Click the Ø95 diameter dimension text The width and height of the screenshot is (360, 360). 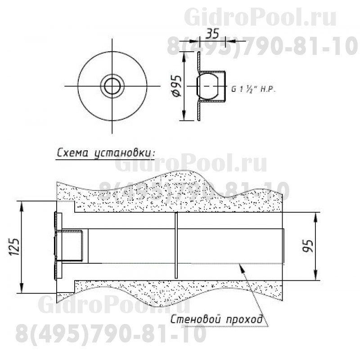176,85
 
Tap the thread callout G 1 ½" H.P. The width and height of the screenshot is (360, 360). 253,89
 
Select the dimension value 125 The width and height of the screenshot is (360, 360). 14,247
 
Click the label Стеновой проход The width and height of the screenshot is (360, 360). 216,320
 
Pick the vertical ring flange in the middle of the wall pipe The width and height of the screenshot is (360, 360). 176,246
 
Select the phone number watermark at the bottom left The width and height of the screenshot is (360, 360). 110,334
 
